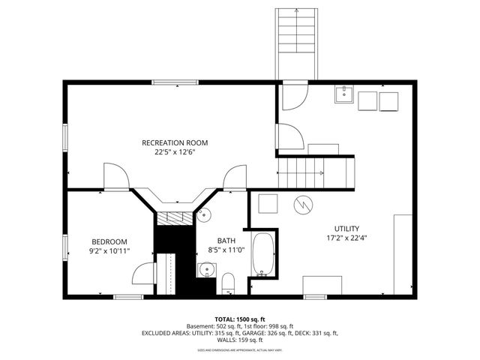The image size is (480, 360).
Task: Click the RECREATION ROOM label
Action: [175, 142]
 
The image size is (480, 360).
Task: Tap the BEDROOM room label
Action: [109, 241]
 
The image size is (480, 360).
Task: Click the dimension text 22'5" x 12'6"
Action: [175, 151]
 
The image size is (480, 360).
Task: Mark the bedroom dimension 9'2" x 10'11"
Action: [109, 250]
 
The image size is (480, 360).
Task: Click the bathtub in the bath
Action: [263, 254]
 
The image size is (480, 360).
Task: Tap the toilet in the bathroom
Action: [229, 283]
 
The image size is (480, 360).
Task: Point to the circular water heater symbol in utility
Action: [303, 204]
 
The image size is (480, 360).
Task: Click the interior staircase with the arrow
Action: [315, 173]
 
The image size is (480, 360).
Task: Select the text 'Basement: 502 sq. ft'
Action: [214, 326]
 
